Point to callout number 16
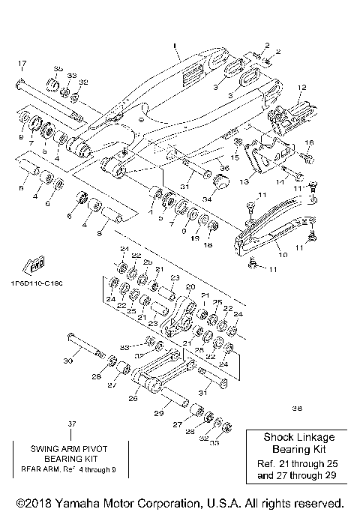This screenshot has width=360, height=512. [310, 142]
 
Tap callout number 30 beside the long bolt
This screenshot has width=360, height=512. [67, 361]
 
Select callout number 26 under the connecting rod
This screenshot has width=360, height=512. [133, 398]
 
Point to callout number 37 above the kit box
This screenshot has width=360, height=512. [72, 424]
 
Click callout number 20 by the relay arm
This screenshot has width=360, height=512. [190, 286]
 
